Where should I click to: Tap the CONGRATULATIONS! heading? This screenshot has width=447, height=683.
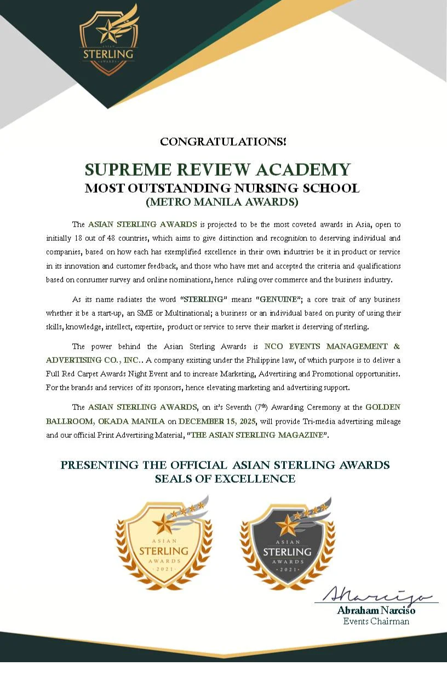[x=223, y=142]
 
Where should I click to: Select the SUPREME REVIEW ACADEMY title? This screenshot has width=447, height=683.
[x=217, y=169]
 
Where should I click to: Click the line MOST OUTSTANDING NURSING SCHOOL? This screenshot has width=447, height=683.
[x=222, y=188]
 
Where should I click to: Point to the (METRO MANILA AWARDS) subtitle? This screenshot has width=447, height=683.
[x=222, y=202]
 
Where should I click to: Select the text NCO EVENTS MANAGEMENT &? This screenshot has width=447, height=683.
[x=332, y=346]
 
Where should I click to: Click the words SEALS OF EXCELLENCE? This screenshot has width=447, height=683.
[x=225, y=479]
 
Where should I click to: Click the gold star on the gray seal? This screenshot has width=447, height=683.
[x=285, y=526]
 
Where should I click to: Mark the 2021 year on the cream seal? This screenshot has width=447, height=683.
[x=163, y=570]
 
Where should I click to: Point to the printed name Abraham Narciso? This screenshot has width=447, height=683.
[x=376, y=610]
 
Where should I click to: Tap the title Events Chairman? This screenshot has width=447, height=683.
[x=376, y=621]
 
